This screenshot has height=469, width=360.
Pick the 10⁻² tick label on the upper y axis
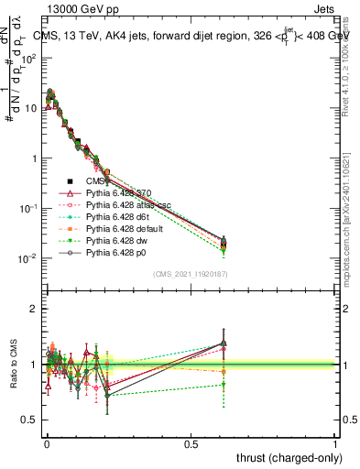27,258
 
